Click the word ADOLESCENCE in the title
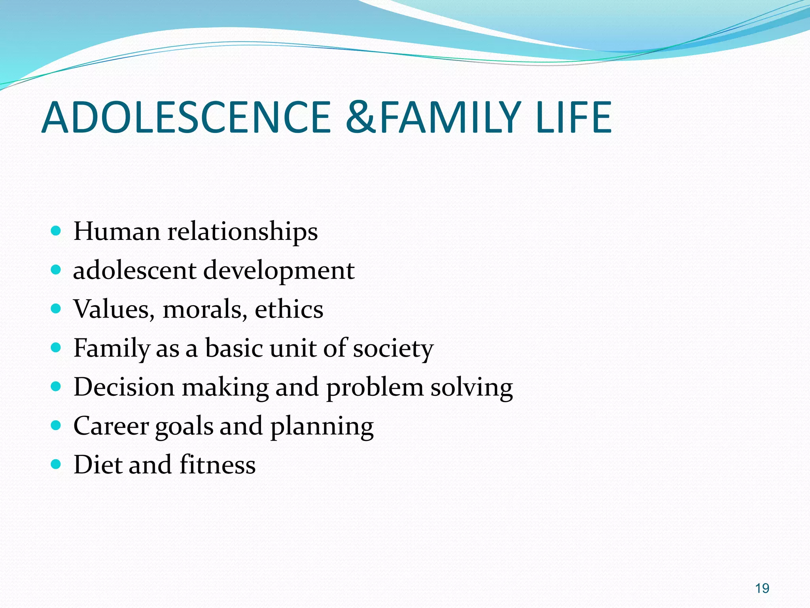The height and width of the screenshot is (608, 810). click(186, 118)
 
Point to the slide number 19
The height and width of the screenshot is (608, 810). click(762, 588)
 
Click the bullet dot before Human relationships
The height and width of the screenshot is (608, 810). click(56, 231)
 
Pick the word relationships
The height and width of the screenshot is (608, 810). click(242, 232)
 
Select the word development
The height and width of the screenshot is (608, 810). click(279, 271)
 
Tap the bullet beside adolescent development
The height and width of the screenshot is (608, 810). click(56, 270)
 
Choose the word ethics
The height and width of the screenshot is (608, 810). click(289, 309)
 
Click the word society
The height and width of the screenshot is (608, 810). click(393, 349)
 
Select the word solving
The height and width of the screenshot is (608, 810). click(471, 388)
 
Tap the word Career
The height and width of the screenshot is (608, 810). click(111, 426)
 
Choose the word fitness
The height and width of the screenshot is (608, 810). click(217, 465)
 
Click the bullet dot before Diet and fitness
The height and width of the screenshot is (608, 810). click(56, 464)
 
